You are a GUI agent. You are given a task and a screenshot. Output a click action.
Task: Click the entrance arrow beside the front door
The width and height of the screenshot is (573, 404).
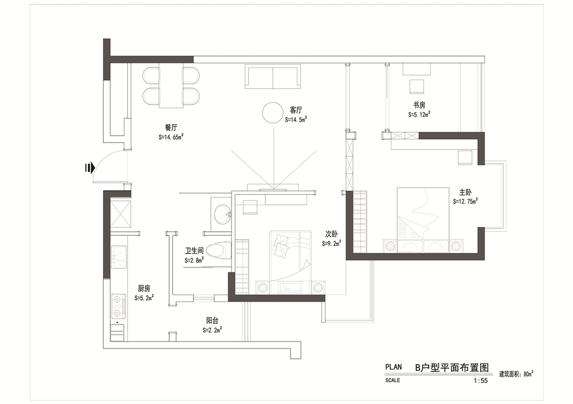click(90, 168)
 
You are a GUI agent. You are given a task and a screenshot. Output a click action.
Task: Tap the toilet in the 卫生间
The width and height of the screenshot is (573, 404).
click(218, 251)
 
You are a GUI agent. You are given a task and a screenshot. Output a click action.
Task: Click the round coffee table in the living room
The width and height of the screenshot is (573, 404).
click(273, 113)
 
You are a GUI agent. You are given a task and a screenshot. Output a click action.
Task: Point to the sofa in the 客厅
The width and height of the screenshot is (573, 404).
click(273, 77)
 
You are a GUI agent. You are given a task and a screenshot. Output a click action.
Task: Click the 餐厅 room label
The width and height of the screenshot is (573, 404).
click(171, 128)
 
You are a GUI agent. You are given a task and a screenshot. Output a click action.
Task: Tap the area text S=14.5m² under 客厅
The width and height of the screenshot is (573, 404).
click(296, 120)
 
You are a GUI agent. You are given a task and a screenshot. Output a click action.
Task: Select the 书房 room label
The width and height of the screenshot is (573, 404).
click(419, 105)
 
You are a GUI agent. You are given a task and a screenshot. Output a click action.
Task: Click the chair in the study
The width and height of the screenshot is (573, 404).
click(417, 87)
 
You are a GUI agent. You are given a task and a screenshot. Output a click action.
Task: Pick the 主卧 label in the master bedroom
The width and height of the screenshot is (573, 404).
click(465, 192)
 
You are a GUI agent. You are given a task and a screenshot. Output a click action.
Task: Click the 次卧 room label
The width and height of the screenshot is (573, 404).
click(331, 234)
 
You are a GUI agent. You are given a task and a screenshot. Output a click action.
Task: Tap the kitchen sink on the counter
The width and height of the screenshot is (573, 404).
click(119, 258)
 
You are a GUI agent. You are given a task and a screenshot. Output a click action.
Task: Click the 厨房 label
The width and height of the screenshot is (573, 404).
click(144, 288)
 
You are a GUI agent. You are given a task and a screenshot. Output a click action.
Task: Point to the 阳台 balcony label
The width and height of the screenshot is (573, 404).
click(213, 321)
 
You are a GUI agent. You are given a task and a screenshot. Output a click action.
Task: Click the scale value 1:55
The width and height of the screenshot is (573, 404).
click(481, 381)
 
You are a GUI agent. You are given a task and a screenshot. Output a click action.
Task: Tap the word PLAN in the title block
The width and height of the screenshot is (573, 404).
click(393, 367)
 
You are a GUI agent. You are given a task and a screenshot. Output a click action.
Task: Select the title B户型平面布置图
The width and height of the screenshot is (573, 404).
click(452, 367)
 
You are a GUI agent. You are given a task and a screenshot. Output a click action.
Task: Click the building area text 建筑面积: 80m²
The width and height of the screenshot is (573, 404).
click(516, 374)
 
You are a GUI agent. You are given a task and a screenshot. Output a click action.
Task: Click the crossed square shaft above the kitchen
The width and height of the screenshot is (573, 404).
click(120, 214)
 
